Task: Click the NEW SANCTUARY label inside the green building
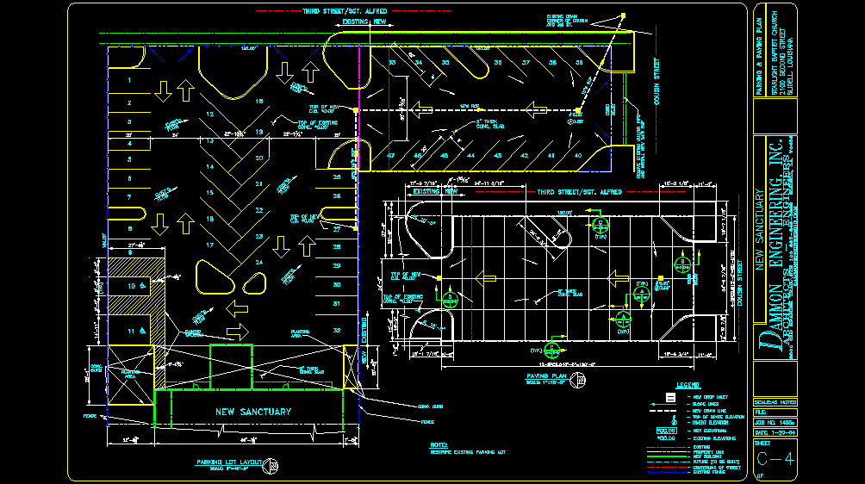[x=253, y=412]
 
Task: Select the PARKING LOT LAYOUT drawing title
[x=229, y=462]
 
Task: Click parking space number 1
[x=129, y=80]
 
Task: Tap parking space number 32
[x=337, y=330]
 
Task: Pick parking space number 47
[x=391, y=155]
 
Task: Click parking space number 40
[x=577, y=155]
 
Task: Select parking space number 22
[x=259, y=209]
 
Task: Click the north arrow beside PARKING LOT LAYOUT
[x=273, y=466]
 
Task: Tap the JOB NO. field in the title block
[x=774, y=422]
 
